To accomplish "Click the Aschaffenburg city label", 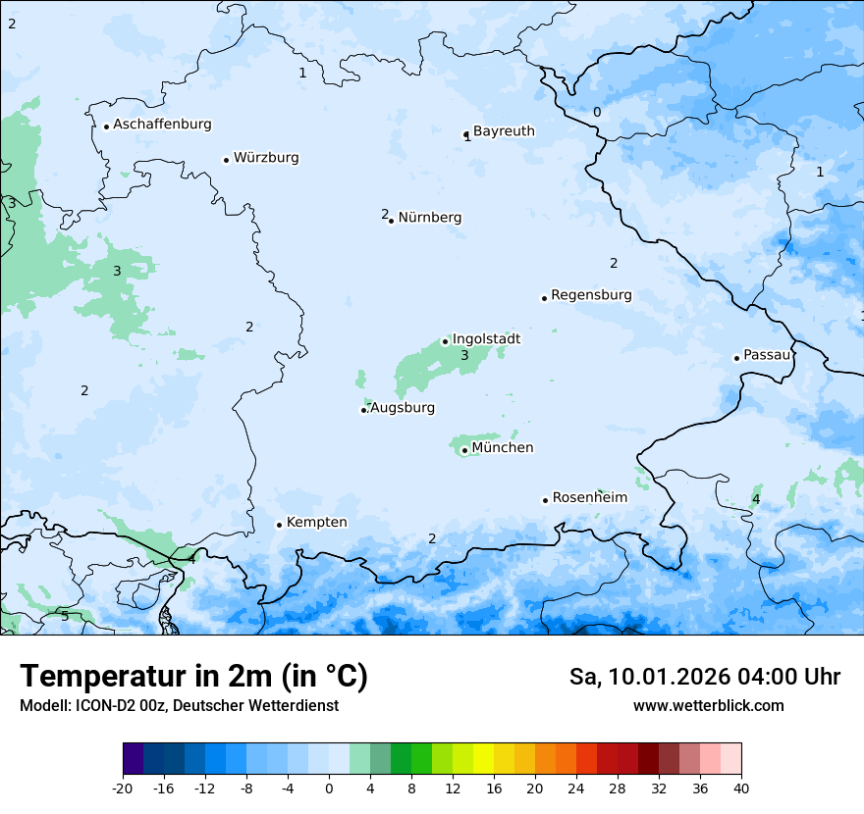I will [162, 125].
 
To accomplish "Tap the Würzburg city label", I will [266, 158].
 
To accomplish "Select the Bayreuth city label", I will [504, 131].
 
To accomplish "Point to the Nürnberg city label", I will [429, 218].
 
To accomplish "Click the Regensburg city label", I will [591, 295].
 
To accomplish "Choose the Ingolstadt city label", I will [486, 339].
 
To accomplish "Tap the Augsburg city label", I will [403, 408].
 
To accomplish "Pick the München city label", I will [503, 448].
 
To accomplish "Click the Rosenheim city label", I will [589, 498].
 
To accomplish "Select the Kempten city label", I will [316, 523].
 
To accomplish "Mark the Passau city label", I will [767, 355].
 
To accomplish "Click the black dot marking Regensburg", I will [544, 298].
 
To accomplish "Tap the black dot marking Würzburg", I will [226, 160].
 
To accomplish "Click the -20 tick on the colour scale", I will [123, 788].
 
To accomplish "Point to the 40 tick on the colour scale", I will [741, 788].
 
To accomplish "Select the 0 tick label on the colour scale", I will [329, 788].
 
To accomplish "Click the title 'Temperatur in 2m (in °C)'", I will [193, 677].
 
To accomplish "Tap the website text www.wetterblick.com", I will [708, 706].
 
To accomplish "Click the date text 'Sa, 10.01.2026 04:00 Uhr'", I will [704, 677].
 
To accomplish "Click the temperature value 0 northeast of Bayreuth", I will [596, 113].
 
